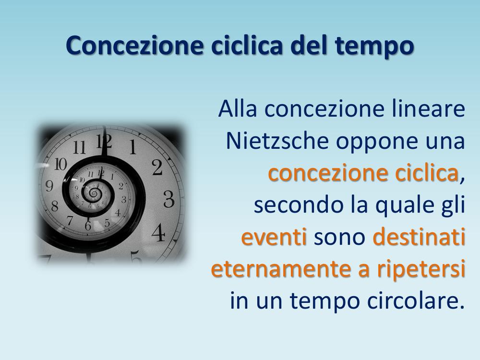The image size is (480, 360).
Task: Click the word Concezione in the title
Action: pyautogui.click(x=135, y=45)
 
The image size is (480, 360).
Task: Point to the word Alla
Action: pyautogui.click(x=238, y=108)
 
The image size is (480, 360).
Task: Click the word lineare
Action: pyautogui.click(x=429, y=108)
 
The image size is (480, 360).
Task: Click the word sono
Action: pyautogui.click(x=340, y=238)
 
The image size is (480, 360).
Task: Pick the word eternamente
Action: pyautogui.click(x=281, y=269)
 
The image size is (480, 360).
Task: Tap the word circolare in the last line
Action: pyautogui.click(x=416, y=300)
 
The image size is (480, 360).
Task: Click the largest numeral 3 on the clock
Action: pyautogui.click(x=169, y=199)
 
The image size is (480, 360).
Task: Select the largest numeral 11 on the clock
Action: pyautogui.click(x=80, y=147)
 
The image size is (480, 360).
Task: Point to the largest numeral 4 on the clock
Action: pyautogui.click(x=158, y=232)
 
